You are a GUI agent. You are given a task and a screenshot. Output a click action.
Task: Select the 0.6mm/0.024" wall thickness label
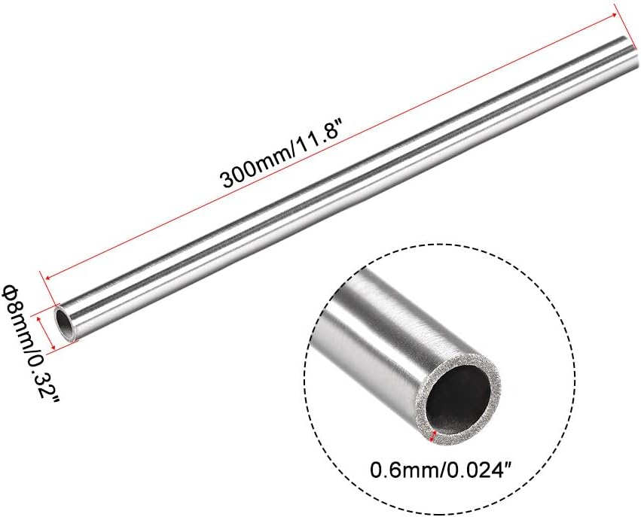click(441, 470)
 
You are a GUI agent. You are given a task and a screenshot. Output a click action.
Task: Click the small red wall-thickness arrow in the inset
click(434, 436)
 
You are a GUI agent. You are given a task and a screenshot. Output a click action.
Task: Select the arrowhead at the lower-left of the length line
click(47, 278)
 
